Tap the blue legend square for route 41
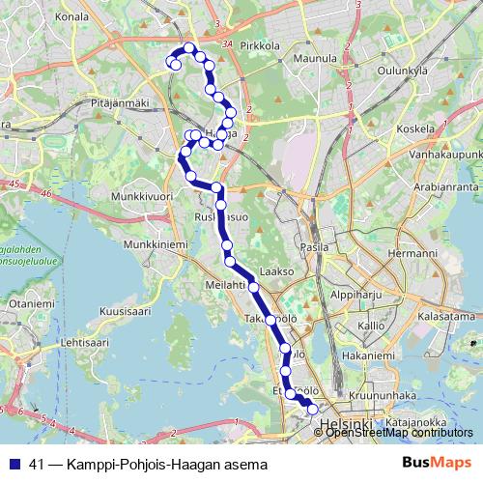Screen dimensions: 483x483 coord(16,463)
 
